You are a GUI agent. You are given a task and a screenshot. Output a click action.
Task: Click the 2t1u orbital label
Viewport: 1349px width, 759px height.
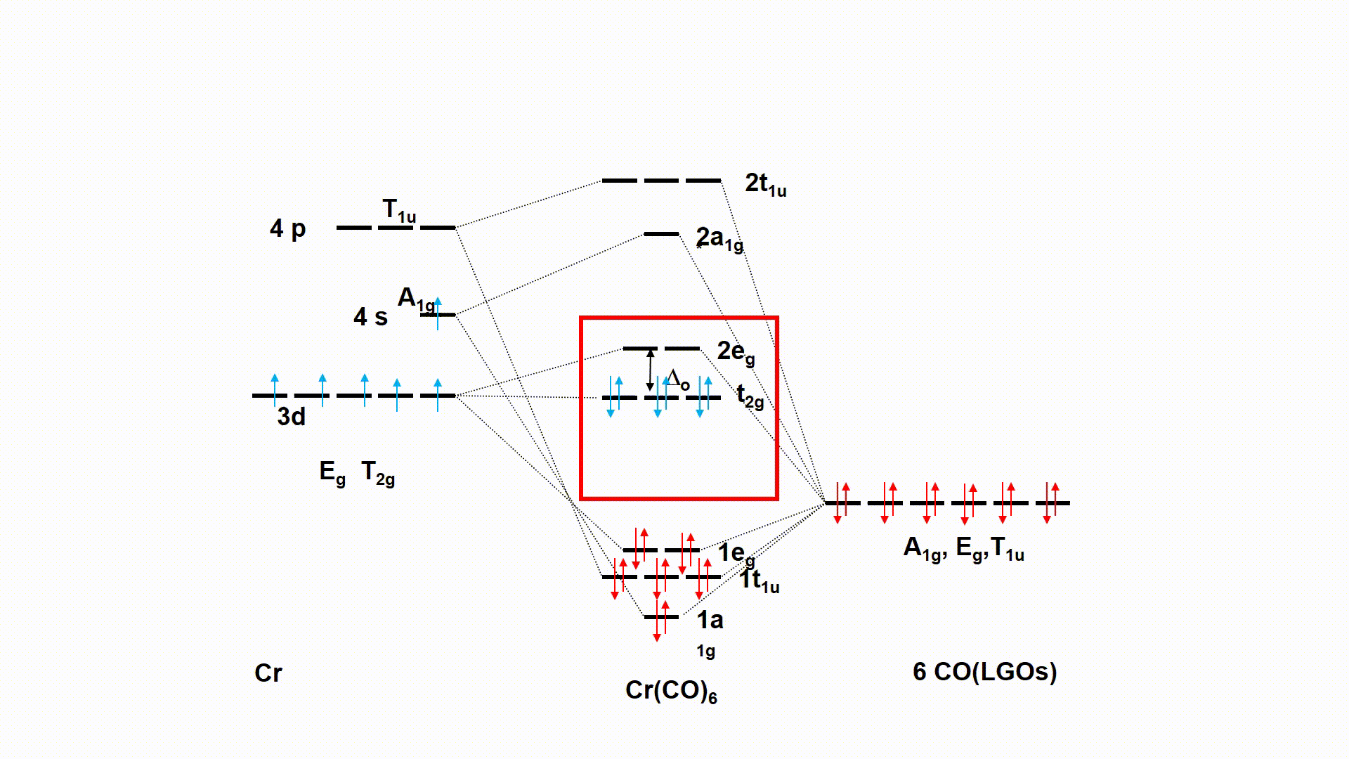point(765,184)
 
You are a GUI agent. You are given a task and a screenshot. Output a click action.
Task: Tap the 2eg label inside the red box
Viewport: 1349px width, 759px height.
point(736,351)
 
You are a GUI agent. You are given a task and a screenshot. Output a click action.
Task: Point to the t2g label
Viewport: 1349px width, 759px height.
point(750,396)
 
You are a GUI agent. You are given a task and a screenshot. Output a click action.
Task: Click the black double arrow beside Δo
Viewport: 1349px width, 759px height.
point(650,370)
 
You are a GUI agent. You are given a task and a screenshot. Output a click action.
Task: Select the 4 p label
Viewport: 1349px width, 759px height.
point(287,228)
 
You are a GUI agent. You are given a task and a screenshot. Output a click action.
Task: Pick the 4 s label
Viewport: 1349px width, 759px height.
point(370,317)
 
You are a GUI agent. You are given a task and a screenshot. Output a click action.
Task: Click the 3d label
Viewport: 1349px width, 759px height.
point(291,417)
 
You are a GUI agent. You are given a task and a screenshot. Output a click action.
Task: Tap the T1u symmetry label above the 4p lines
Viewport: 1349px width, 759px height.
point(398,210)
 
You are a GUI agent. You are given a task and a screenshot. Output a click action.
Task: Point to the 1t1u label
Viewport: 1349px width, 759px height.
point(759,580)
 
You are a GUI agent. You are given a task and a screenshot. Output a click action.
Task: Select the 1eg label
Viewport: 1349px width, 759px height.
point(736,554)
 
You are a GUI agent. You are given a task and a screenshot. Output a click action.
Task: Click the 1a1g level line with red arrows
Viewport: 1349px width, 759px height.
point(661,617)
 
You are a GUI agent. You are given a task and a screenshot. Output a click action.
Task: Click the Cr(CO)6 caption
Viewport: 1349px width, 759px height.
point(671,691)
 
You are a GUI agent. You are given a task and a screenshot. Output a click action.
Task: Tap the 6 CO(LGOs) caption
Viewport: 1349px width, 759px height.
point(984,672)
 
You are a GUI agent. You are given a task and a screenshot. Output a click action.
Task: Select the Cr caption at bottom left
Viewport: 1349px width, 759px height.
point(268,673)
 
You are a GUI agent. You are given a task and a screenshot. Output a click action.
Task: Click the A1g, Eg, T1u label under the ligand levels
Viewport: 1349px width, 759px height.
point(963,548)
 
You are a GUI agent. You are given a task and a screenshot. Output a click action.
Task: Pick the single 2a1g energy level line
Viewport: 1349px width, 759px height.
point(661,234)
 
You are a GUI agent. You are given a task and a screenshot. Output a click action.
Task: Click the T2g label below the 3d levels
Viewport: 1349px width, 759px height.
point(377,472)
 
